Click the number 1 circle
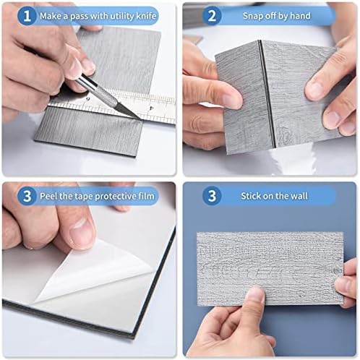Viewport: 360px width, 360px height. [x=27, y=16]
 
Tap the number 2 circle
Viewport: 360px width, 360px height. [x=212, y=16]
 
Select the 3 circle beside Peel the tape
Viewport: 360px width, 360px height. [x=27, y=196]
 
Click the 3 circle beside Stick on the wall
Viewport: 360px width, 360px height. [x=212, y=196]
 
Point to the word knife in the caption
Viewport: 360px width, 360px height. [x=146, y=16]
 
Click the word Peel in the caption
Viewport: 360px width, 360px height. [x=48, y=196]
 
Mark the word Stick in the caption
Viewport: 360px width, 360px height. [x=252, y=196]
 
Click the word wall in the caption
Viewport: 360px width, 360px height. [x=299, y=196]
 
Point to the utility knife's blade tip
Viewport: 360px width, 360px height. [x=140, y=119]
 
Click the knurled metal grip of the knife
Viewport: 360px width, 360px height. [x=106, y=94]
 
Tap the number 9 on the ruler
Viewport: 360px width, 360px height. [x=87, y=99]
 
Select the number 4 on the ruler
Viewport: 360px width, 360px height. [x=151, y=108]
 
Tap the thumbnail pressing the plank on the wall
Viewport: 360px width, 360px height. [x=256, y=295]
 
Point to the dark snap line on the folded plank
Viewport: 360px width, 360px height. [x=267, y=93]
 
